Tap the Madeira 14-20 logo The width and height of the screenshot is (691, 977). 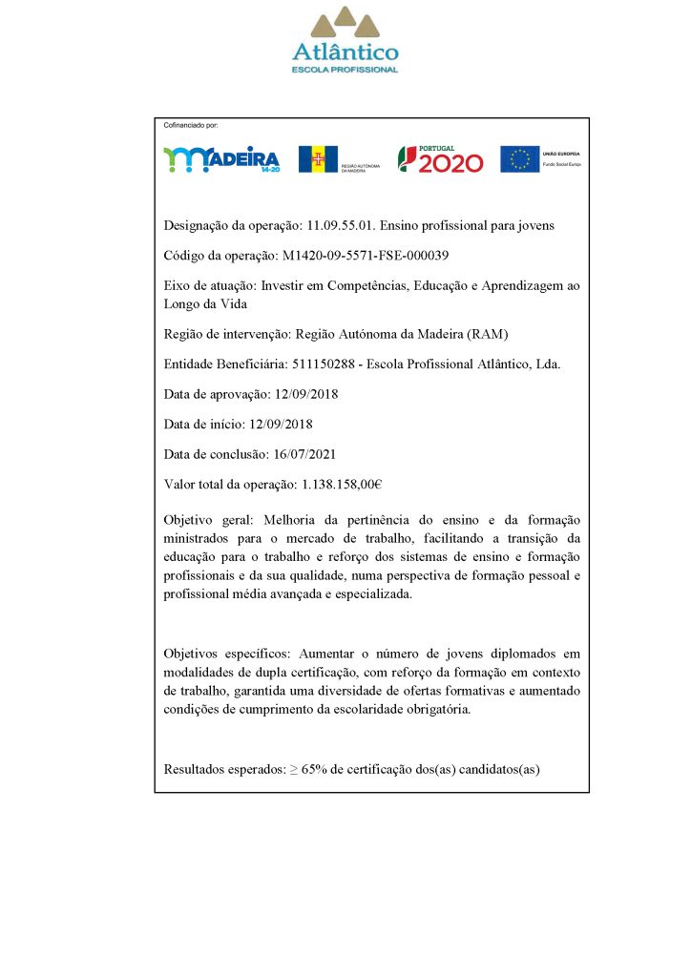coord(221,159)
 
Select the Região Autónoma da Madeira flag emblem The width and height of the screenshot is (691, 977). coord(318,159)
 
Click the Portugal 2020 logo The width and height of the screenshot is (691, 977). coord(440,159)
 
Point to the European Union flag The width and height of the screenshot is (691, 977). coord(520,159)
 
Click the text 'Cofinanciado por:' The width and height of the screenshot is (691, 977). coord(191,125)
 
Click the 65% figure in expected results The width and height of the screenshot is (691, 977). coord(316,768)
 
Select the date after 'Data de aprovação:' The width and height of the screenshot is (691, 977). coord(306,394)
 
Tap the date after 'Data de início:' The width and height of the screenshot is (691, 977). coord(281,424)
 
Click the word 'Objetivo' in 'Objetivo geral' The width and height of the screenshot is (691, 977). coord(187,520)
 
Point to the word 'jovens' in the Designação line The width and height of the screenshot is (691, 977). coord(534,226)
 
